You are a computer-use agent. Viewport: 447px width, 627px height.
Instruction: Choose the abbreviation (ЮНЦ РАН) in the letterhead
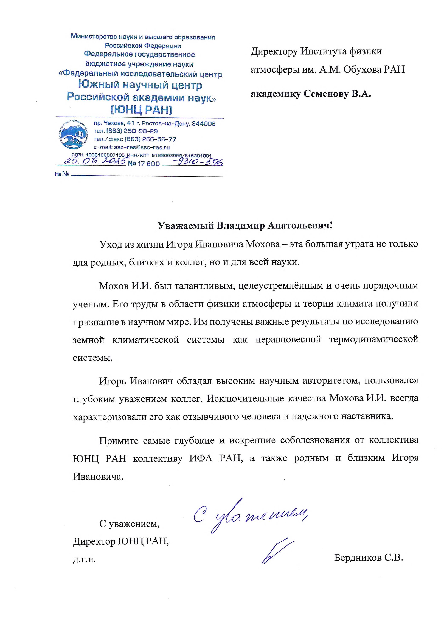coord(141,110)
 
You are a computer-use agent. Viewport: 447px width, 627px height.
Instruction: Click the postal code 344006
coord(204,124)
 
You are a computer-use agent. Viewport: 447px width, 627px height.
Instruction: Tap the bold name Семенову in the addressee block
coord(326,94)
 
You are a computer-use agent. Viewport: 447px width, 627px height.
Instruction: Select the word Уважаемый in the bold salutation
coord(186,226)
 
